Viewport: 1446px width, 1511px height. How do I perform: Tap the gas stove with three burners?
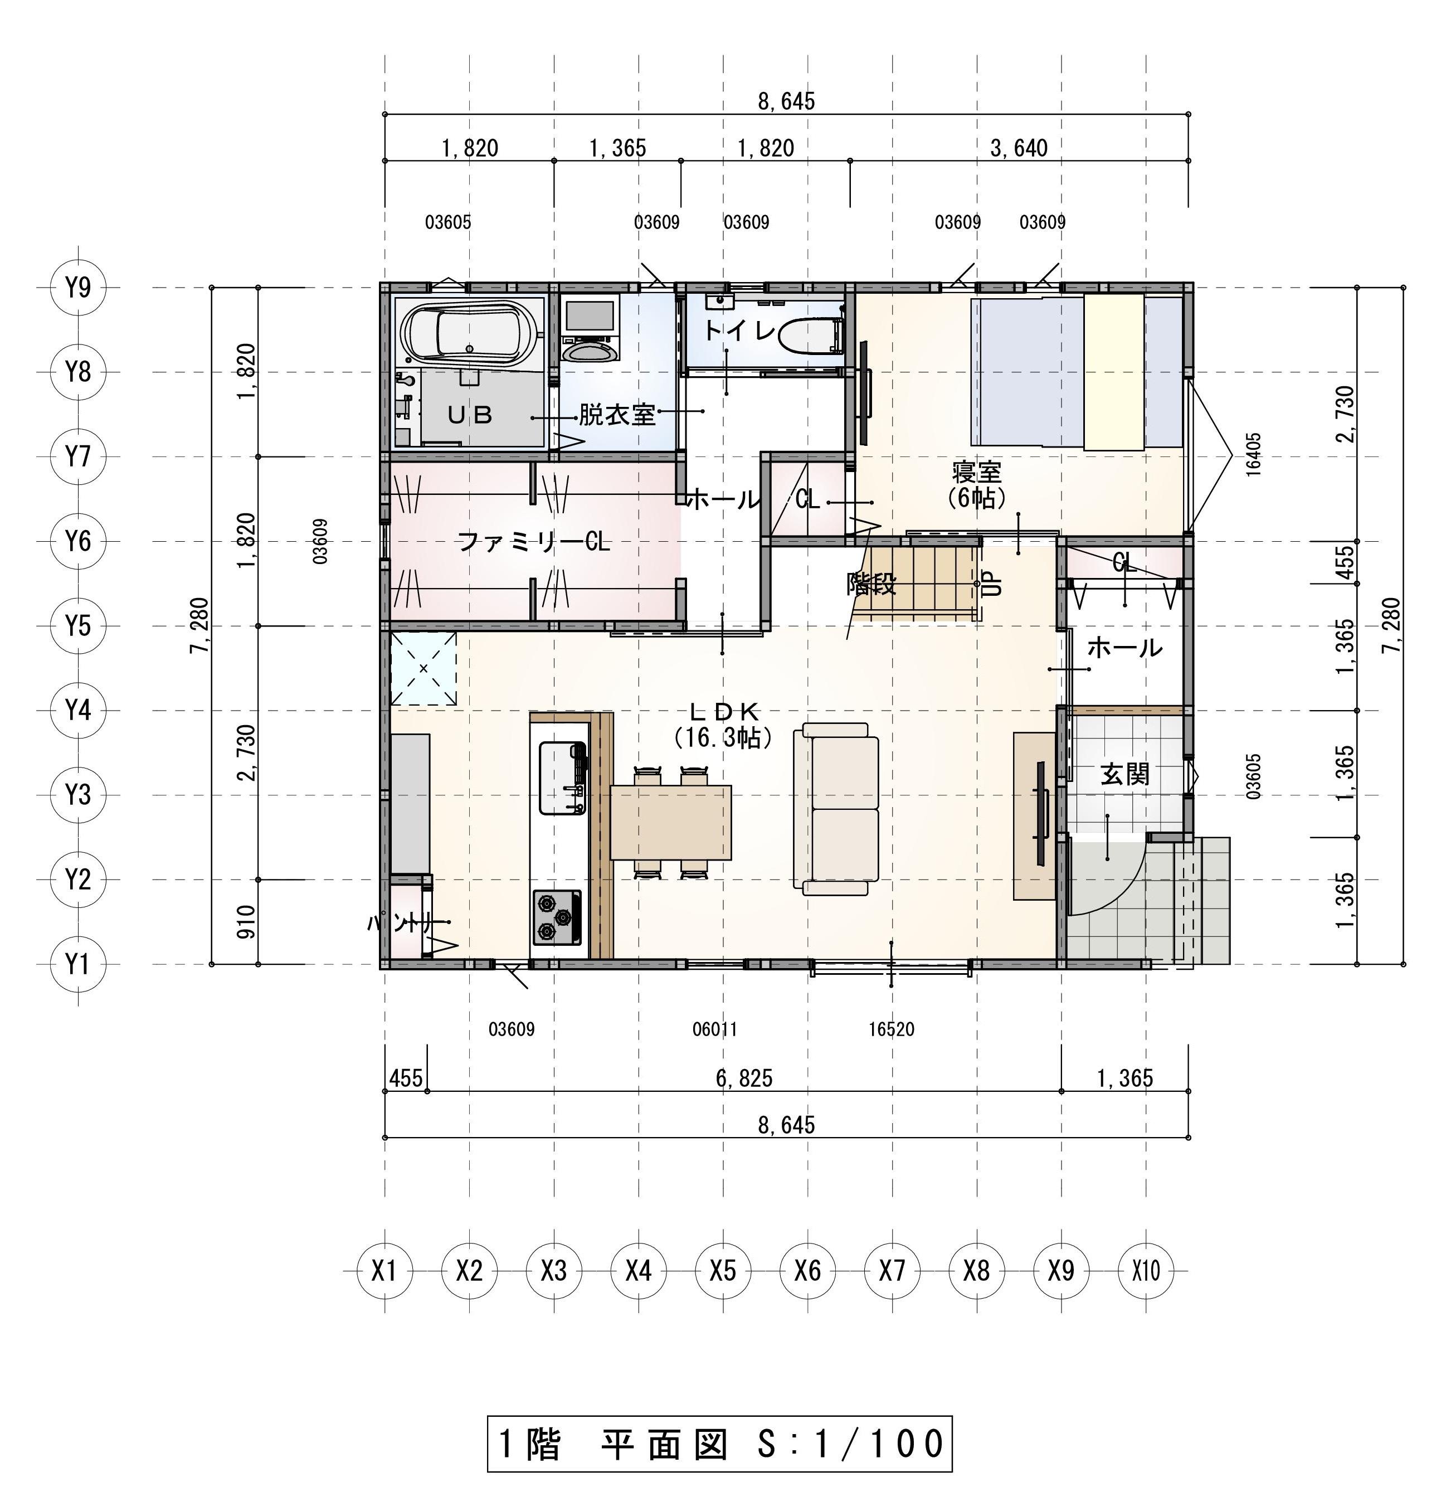[x=557, y=917]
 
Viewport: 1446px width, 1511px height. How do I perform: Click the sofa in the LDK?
[x=840, y=809]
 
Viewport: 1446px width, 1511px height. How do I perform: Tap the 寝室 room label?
[x=977, y=471]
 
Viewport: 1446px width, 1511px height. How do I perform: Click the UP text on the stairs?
[x=994, y=583]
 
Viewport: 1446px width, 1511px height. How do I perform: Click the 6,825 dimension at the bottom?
[x=744, y=1078]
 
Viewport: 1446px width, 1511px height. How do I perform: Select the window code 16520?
[x=891, y=1029]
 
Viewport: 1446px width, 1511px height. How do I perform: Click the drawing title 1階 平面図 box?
[x=720, y=1443]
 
